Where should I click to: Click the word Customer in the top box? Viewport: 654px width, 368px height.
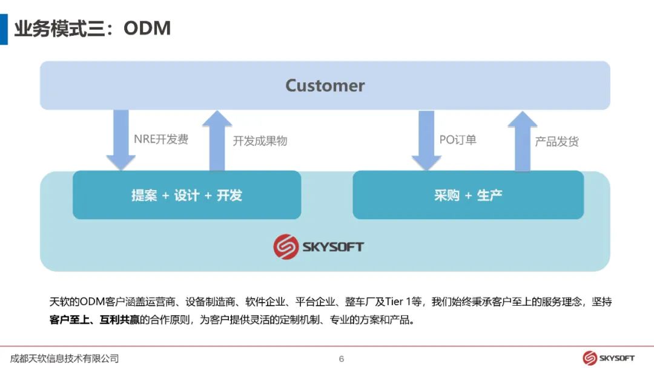325,85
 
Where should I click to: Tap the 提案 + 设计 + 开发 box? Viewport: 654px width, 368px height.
187,195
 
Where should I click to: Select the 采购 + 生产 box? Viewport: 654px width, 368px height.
467,195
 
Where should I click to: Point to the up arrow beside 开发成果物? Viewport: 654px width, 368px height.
217,140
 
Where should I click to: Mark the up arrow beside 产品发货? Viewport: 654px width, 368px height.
522,140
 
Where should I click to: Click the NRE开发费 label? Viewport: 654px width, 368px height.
161,139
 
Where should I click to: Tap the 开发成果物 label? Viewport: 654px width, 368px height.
260,141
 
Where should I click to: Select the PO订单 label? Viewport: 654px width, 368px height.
458,140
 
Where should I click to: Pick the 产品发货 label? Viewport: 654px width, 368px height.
557,142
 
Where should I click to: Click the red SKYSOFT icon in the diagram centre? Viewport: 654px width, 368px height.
286,246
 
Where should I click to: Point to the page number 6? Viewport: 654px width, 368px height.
342,359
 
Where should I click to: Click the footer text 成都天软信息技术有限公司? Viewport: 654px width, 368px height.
65,358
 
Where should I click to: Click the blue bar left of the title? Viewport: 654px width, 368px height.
4,28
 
